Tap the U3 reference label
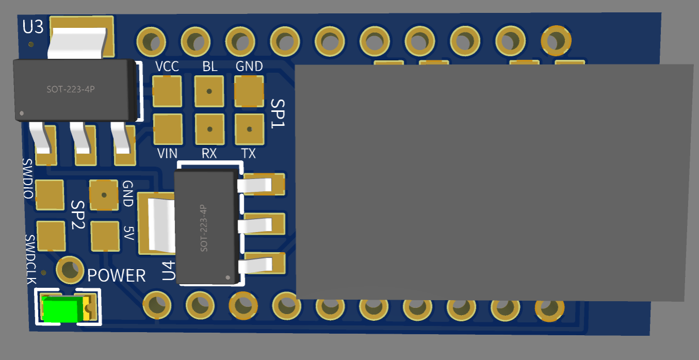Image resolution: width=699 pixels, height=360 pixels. point(33,27)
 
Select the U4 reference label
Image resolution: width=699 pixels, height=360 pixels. point(168,271)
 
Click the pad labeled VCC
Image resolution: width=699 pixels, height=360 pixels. point(168,91)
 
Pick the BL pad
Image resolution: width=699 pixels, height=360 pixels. point(209,91)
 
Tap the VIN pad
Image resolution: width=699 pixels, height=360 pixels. point(168,129)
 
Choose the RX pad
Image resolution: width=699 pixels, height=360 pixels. point(209,129)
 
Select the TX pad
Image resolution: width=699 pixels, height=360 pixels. point(249,129)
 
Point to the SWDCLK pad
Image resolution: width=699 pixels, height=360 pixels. point(51,235)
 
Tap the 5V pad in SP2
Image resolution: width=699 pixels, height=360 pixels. point(105,236)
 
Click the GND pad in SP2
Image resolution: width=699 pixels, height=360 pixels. point(104,195)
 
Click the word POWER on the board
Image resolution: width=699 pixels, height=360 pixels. point(116,275)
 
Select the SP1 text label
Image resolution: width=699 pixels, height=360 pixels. point(278,113)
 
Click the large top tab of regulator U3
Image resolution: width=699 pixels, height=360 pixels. point(81,37)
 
